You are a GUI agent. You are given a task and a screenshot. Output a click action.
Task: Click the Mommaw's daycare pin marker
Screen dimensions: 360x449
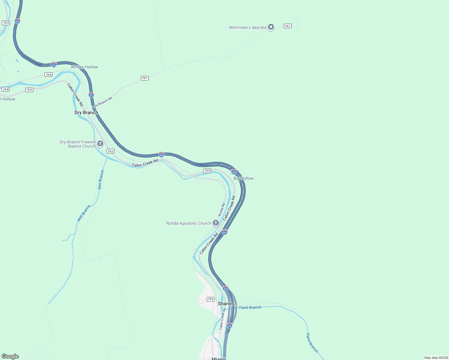(x=271, y=27)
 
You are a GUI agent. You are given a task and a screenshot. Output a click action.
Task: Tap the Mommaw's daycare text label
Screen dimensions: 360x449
(x=248, y=28)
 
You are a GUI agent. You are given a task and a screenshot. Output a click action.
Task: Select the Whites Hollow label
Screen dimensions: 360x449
(x=84, y=67)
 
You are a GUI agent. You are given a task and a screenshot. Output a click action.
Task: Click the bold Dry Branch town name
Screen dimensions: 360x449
(x=86, y=112)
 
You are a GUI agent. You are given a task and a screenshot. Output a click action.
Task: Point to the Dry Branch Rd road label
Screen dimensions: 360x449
(x=102, y=102)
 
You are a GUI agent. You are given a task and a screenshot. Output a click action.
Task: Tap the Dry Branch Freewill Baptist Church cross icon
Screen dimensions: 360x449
(x=100, y=144)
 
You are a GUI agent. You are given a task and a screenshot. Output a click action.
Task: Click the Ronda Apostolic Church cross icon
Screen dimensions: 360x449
(x=215, y=223)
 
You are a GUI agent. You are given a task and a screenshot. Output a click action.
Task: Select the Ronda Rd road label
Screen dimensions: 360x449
(x=221, y=210)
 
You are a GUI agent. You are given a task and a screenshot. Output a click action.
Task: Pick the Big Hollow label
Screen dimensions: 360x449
(x=243, y=178)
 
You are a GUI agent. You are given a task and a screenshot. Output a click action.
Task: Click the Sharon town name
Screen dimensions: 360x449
(x=225, y=304)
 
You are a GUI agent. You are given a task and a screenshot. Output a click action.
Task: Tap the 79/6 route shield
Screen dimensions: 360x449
(x=211, y=299)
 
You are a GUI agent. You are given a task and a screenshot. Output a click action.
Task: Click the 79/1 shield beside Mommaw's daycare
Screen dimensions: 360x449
(x=288, y=26)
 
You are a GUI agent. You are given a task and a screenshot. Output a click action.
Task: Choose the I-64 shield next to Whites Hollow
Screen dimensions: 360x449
(x=54, y=64)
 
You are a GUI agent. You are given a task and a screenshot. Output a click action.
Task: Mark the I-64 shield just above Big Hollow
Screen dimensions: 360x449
(x=234, y=172)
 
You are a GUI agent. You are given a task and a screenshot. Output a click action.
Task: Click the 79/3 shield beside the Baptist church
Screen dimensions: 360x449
(x=110, y=151)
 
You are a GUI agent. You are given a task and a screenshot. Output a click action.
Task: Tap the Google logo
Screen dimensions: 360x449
(x=10, y=356)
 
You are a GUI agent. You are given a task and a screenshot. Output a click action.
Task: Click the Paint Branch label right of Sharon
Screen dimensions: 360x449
(x=250, y=307)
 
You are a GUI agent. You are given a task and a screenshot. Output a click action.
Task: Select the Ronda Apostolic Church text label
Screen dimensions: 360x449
(x=189, y=223)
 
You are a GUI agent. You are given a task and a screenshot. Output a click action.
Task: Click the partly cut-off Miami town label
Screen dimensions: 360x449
(x=218, y=358)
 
